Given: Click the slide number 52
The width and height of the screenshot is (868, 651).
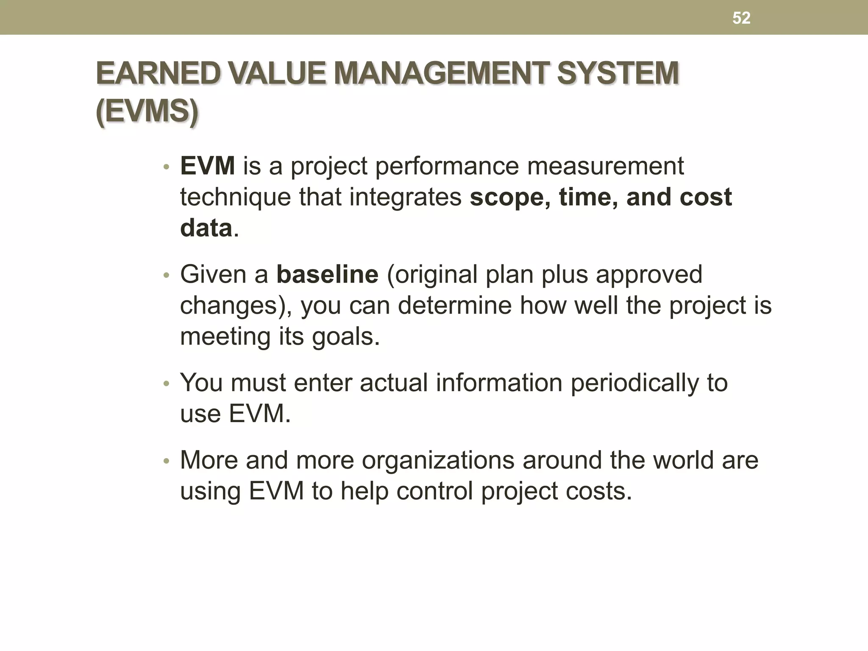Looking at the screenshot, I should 741,18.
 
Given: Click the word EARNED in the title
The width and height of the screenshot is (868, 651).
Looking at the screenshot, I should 158,73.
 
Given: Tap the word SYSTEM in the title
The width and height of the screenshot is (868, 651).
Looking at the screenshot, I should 618,73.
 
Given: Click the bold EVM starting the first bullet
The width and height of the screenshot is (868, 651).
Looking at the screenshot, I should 207,166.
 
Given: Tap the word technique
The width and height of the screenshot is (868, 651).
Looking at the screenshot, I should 236,198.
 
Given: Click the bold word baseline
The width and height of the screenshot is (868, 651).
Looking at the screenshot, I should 327,274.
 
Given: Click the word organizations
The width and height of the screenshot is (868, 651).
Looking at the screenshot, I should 438,460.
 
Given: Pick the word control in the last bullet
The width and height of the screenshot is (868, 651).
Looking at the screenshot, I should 434,491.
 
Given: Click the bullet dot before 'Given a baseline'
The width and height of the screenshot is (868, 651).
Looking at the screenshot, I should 167,276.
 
